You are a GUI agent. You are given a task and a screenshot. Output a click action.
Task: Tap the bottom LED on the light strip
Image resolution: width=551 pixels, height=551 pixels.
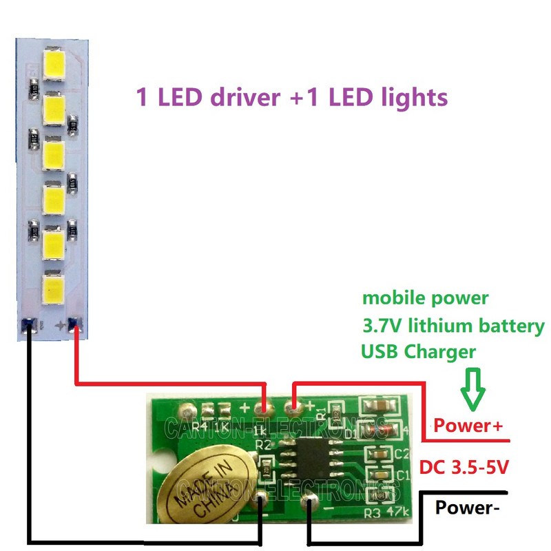pos(53,290)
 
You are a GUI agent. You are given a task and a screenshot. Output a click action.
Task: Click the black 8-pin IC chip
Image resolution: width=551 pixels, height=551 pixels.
pos(311,461)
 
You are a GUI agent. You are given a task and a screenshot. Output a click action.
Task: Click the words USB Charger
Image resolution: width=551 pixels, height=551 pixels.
pos(418,352)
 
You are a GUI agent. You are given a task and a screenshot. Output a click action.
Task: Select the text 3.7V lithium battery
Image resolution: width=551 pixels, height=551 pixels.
pos(453,326)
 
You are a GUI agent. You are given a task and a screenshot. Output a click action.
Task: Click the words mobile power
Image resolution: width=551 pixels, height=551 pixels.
pos(425,298)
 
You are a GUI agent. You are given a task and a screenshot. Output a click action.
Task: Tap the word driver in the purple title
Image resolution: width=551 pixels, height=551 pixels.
pos(235,97)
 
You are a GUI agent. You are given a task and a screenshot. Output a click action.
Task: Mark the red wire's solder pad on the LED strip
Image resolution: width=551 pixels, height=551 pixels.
pos(75,324)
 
